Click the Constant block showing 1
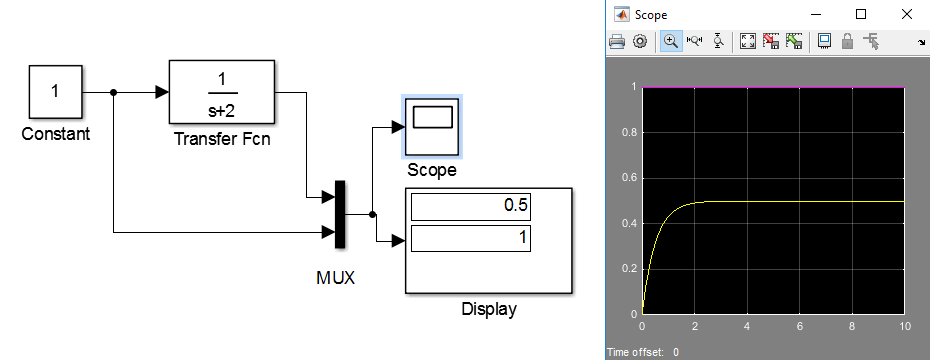(55, 92)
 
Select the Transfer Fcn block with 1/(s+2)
(222, 91)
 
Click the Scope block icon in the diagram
(432, 126)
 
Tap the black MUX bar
(340, 214)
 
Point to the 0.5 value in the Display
(515, 206)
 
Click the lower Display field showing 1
(470, 238)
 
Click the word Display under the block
(489, 309)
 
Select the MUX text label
(336, 278)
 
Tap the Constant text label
(56, 134)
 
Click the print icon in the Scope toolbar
(617, 42)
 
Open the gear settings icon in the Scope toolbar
(639, 42)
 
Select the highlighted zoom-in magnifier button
(671, 42)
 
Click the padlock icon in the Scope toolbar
(848, 42)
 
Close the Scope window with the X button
(907, 14)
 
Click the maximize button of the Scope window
(861, 14)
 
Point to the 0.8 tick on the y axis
(629, 133)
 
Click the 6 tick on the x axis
(800, 326)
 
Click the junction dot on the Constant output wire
(113, 93)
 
